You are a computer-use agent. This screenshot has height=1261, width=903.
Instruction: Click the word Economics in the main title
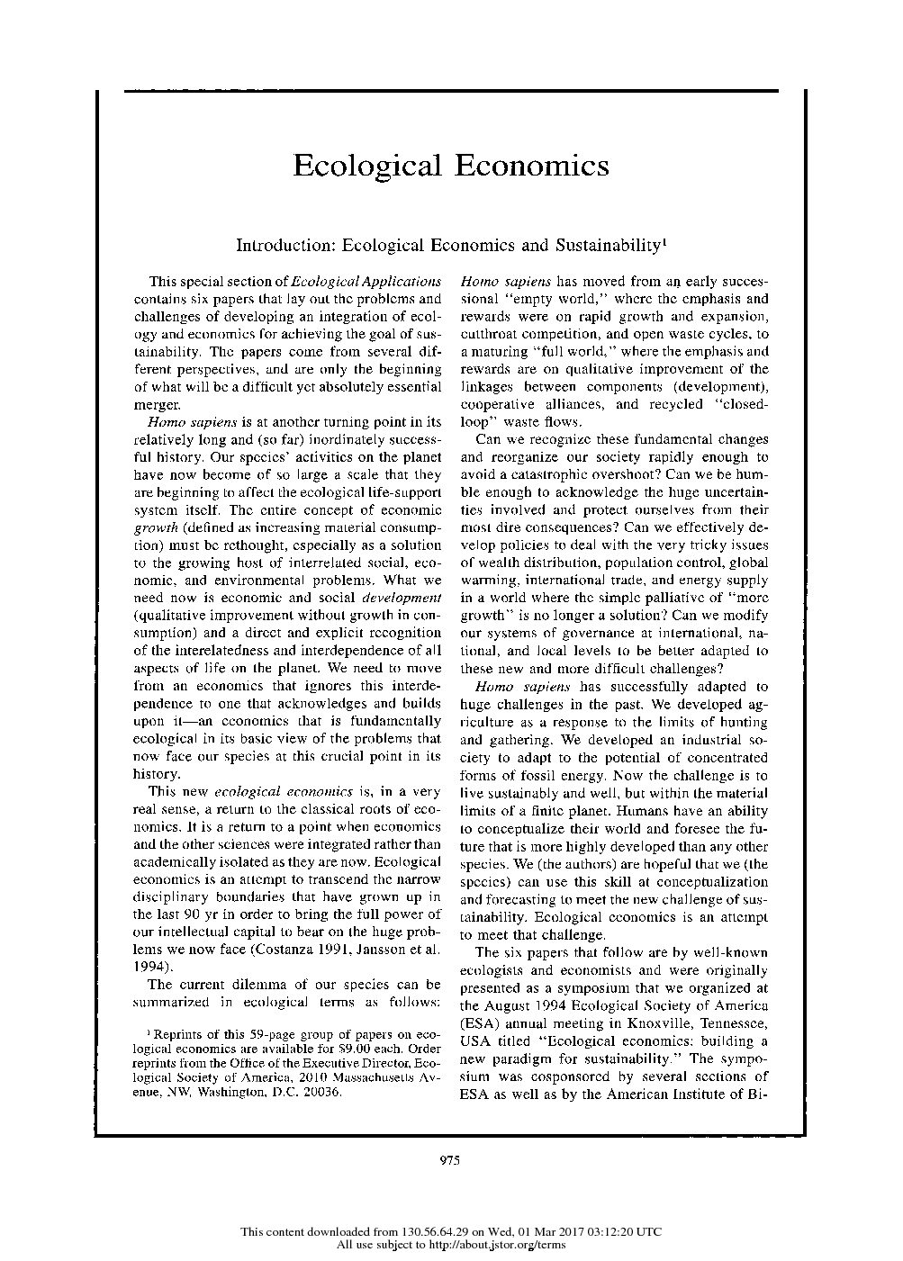pyautogui.click(x=531, y=167)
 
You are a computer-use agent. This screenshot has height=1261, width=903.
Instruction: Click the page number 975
pyautogui.click(x=450, y=1160)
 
